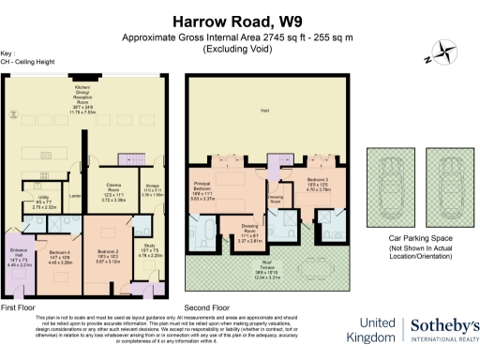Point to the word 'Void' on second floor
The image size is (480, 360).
pyautogui.click(x=264, y=110)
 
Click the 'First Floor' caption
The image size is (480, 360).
pyautogui.click(x=21, y=307)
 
